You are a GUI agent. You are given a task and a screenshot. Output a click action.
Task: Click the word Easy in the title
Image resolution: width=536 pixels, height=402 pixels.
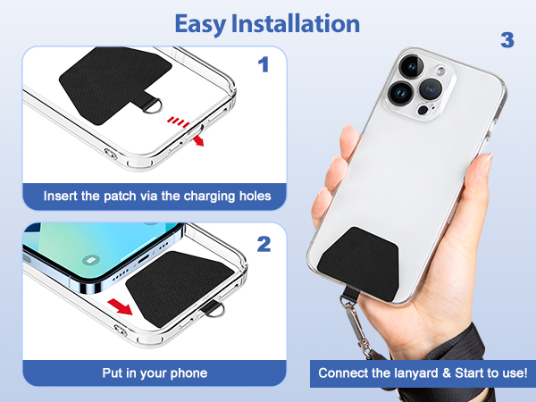[x=200, y=24]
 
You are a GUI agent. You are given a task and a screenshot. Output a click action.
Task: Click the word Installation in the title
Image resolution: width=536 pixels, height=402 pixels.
[x=296, y=23]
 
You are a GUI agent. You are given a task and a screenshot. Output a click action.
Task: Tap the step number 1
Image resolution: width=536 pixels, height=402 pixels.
[x=264, y=64]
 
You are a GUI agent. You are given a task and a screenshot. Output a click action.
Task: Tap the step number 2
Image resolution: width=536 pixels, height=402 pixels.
[x=264, y=244]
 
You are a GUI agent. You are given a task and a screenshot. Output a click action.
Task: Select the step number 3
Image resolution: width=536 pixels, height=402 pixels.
[x=507, y=40]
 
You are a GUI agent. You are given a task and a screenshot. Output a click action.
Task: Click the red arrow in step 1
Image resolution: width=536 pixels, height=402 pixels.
[x=198, y=140]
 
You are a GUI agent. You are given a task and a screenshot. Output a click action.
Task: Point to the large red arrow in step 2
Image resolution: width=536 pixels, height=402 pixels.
[x=120, y=306]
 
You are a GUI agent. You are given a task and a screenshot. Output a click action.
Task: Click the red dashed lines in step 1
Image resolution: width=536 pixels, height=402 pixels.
[x=178, y=121]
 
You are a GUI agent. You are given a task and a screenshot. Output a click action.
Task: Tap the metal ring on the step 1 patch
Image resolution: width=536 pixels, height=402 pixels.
[x=153, y=105]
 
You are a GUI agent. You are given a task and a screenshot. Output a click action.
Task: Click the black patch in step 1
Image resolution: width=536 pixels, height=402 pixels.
[x=114, y=85]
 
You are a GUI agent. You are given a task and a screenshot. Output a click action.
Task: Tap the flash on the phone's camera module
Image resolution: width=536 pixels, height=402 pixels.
[x=441, y=71]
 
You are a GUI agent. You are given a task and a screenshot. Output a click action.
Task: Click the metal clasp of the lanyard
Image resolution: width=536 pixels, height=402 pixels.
[x=356, y=329]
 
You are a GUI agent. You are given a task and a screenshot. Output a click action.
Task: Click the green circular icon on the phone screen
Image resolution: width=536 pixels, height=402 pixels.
[x=91, y=261]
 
